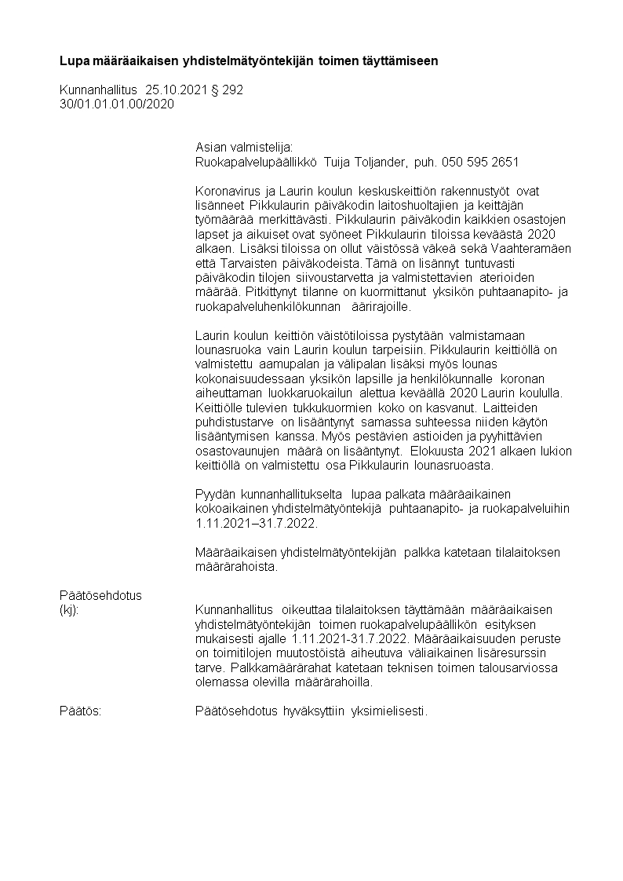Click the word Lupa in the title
[75, 60]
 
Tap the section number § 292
[227, 90]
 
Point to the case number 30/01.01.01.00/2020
[117, 104]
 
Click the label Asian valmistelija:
[243, 147]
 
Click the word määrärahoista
[236, 566]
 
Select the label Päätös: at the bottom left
[81, 711]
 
